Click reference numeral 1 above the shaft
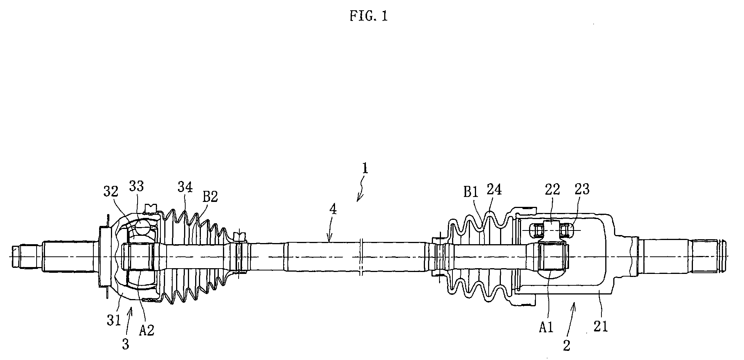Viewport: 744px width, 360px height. (x=365, y=168)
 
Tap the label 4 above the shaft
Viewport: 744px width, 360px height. (x=333, y=210)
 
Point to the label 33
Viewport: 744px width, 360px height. (x=136, y=186)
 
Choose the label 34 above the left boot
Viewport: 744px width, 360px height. (x=185, y=187)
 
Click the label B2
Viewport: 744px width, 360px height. (x=210, y=197)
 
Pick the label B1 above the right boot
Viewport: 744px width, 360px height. (x=471, y=192)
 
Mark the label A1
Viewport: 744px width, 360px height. (x=546, y=326)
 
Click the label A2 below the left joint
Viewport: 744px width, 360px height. (x=146, y=330)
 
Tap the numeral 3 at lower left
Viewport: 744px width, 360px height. (x=125, y=344)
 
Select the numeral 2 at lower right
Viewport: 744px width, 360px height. (x=567, y=345)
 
